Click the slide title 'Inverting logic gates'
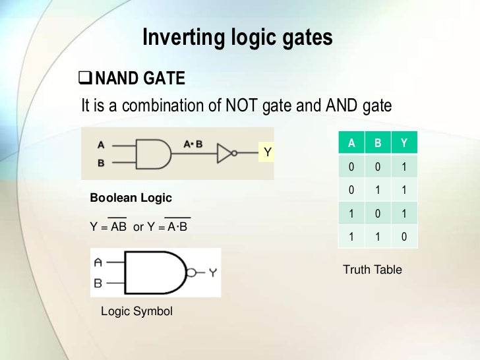[x=237, y=38]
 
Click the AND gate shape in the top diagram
[x=154, y=153]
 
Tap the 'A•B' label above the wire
[x=193, y=143]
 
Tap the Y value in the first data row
[x=404, y=168]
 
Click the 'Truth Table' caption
[x=373, y=270]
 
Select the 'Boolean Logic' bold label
[x=131, y=198]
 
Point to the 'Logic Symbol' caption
[x=136, y=311]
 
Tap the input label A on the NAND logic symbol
[x=98, y=262]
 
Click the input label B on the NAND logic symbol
[x=98, y=284]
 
